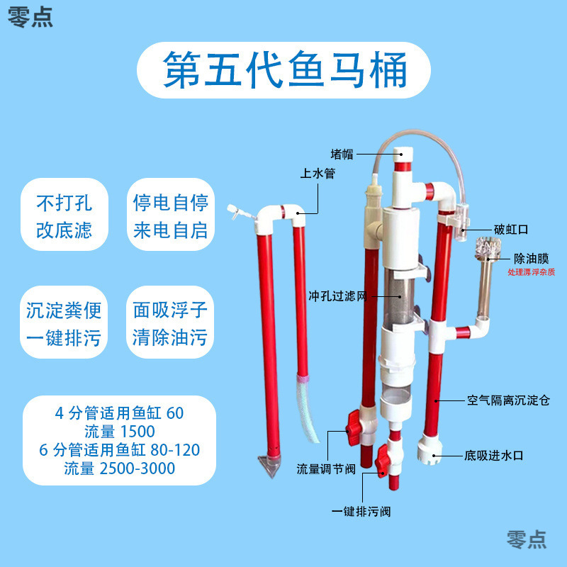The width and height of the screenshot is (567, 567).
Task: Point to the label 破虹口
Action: coord(511,230)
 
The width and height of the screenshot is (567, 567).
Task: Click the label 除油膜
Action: coord(532,259)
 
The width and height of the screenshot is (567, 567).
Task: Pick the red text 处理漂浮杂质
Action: coord(532,271)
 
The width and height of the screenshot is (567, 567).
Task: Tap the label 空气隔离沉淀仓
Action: coord(508,400)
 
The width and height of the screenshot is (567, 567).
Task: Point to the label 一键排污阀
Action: coord(361,511)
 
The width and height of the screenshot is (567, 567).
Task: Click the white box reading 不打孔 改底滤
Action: coord(64,216)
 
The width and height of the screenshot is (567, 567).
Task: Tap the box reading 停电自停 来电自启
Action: coord(171,216)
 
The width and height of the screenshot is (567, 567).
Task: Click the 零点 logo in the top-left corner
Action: coord(30,17)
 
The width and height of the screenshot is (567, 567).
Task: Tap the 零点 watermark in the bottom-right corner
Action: coord(527,539)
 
